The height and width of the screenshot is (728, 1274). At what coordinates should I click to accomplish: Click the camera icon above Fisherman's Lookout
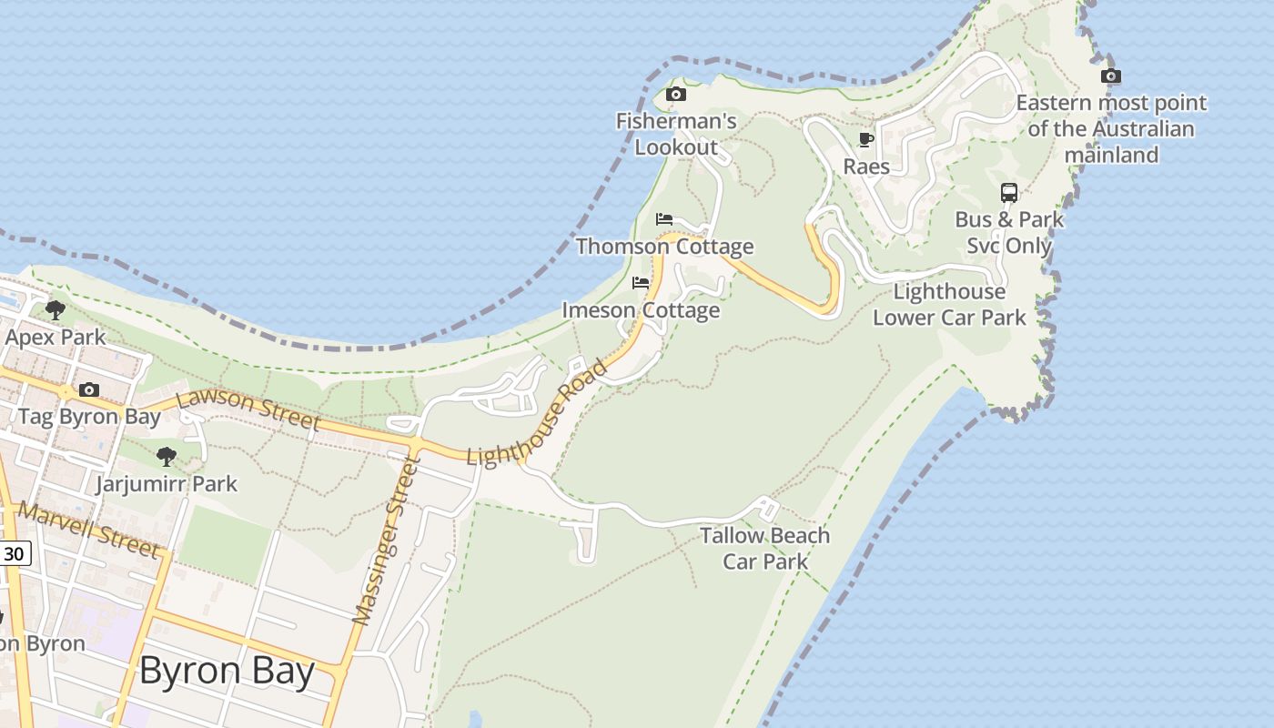coord(675,94)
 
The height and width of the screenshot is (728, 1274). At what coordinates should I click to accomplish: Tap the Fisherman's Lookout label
coord(676,134)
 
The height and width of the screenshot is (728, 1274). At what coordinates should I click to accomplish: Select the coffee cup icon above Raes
coord(865,139)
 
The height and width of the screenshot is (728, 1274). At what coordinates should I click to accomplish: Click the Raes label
coord(866,167)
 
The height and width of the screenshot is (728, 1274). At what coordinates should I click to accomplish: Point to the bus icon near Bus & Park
coord(1009,193)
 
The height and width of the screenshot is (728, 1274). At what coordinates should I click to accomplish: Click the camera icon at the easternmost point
coord(1110,76)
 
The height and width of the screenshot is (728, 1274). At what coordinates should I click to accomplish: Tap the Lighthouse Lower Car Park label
coord(949,305)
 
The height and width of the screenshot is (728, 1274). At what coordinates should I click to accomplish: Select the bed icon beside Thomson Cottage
coord(664,219)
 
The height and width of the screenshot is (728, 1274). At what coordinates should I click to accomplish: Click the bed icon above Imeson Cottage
coord(641,283)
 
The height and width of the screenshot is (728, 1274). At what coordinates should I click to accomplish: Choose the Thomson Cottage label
coord(664,247)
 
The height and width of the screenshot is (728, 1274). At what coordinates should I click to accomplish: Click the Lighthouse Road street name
coord(537,414)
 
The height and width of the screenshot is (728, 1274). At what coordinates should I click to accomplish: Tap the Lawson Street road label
coord(248,410)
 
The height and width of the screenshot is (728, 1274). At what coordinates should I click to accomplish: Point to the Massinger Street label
coord(387,542)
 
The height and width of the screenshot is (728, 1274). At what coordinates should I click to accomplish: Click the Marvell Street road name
coord(89,529)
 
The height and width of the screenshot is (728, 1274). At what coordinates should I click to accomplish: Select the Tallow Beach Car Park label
coord(765,549)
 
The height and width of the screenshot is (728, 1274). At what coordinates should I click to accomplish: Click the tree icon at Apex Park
coord(55,310)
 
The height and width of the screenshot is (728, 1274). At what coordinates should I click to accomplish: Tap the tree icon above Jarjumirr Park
coord(166,456)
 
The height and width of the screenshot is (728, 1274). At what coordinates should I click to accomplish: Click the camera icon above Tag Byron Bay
coord(88,390)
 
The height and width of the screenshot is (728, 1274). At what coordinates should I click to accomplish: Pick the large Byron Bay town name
coord(227,672)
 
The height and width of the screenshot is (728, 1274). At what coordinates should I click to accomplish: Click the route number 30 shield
coord(14,553)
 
